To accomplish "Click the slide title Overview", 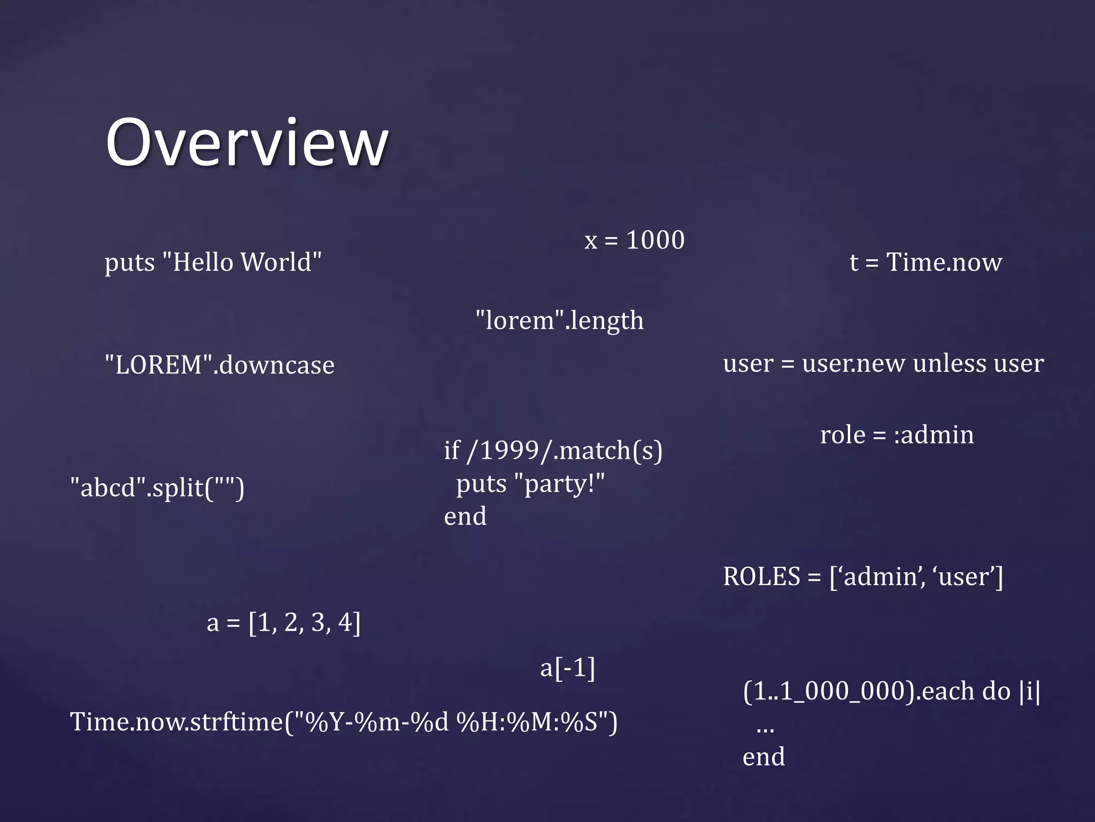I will click(246, 143).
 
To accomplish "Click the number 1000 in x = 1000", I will click(655, 240).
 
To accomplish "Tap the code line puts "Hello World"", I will click(213, 263).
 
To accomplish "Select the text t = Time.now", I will click(926, 263).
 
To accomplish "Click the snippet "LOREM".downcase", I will click(219, 366).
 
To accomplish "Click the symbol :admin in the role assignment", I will click(934, 435).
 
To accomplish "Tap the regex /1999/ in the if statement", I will click(508, 451).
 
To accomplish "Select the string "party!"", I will click(559, 484).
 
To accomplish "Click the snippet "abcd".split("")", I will click(157, 488).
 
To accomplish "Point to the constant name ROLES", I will click(761, 577).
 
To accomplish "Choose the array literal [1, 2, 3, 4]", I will click(304, 623).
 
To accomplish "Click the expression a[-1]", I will click(567, 668).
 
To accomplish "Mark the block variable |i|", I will click(1030, 691).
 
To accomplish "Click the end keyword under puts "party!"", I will click(465, 517).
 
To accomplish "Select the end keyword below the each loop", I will click(764, 757).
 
